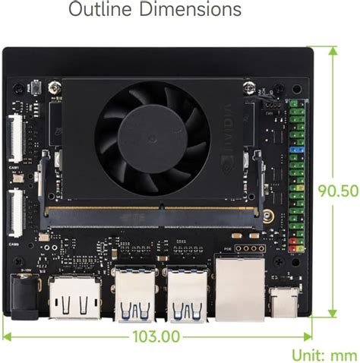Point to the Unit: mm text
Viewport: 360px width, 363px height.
[324, 355]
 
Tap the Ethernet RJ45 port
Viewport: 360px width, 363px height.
[237, 287]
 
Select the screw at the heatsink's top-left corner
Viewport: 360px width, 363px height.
[52, 88]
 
